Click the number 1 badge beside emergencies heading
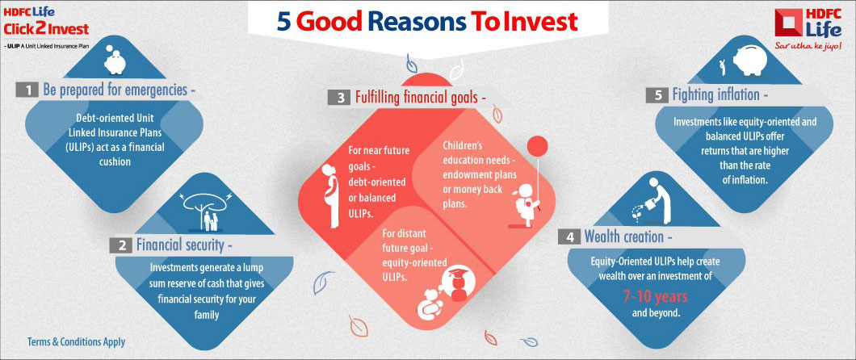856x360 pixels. click(x=27, y=90)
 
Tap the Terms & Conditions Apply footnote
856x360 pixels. click(x=76, y=341)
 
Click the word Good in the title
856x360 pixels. click(x=335, y=21)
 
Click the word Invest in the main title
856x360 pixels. click(x=539, y=21)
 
